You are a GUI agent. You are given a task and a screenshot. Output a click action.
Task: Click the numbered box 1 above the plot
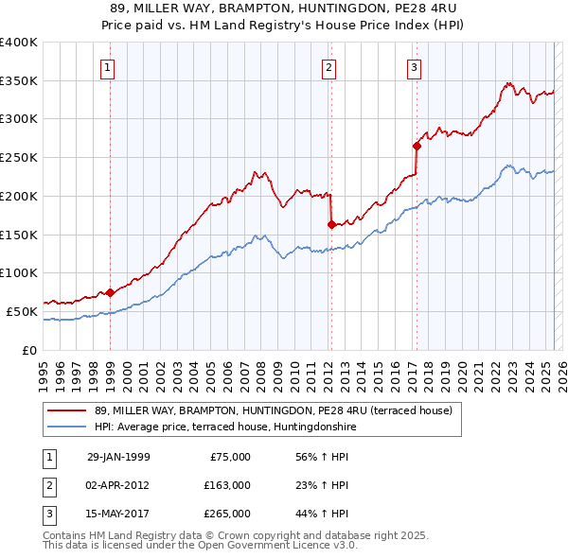(x=109, y=67)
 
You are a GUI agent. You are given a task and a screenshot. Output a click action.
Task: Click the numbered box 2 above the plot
(x=328, y=67)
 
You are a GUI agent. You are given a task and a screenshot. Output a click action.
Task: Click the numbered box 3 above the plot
(x=414, y=67)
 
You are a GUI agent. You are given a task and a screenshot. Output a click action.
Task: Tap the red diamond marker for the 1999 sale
(x=111, y=292)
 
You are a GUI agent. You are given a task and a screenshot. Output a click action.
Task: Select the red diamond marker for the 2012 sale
(x=331, y=224)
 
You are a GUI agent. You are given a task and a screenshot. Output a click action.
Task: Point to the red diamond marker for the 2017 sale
(x=417, y=146)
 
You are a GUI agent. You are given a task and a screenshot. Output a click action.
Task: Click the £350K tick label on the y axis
(x=19, y=81)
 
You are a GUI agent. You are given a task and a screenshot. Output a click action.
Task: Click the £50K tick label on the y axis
(x=23, y=311)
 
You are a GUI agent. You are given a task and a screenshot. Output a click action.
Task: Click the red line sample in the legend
(x=68, y=410)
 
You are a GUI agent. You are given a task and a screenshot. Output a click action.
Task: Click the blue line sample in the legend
(x=68, y=427)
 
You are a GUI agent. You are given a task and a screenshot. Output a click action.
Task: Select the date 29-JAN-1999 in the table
(x=118, y=457)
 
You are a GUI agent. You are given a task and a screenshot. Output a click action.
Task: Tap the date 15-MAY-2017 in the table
(x=118, y=514)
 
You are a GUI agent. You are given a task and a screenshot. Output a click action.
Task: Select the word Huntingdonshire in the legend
(x=326, y=427)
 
